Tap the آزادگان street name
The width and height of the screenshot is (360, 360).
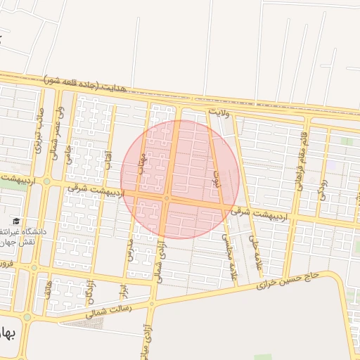pos(89,292)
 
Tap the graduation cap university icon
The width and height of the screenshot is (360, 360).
pos(15,220)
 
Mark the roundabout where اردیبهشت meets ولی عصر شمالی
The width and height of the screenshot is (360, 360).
pos(46,182)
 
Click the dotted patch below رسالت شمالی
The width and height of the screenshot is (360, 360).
pos(92,323)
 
